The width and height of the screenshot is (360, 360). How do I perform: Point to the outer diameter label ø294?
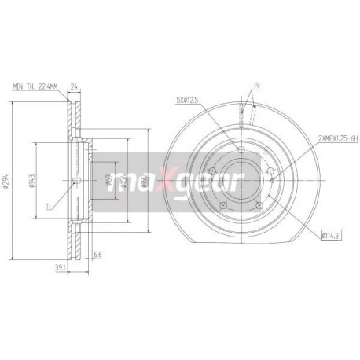7,182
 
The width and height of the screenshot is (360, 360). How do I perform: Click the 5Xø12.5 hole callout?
189,99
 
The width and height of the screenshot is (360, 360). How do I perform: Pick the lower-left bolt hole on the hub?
221,206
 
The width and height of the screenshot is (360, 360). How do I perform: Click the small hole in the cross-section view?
75,183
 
